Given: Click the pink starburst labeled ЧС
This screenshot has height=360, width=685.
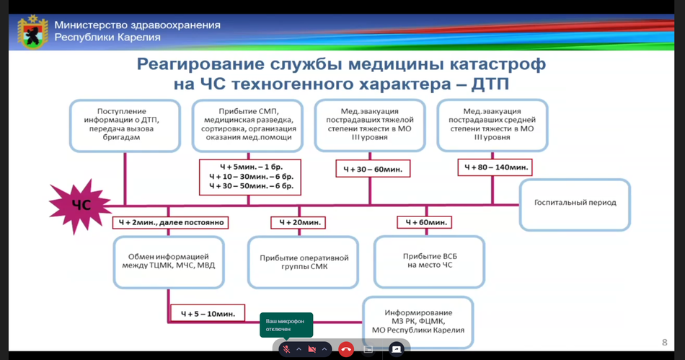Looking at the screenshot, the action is (x=80, y=206).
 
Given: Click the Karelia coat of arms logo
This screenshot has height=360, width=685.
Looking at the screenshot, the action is (x=32, y=32).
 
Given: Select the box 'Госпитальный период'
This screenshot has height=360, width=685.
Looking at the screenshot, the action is (x=575, y=205).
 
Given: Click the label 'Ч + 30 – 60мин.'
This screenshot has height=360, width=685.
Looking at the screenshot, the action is (x=373, y=169).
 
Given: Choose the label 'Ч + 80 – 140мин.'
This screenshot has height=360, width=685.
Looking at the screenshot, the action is (x=495, y=167).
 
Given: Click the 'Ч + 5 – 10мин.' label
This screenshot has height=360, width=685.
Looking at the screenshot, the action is (x=208, y=314).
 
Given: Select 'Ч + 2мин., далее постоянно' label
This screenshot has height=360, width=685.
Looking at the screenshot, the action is (x=170, y=222).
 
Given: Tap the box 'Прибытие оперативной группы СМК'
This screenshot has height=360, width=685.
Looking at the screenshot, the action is (x=303, y=263).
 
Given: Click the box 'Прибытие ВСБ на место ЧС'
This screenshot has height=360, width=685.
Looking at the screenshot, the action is (x=430, y=261).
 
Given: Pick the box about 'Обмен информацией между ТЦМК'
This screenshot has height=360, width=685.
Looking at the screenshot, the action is (x=169, y=262).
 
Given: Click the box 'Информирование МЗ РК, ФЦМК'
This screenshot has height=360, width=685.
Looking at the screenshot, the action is (x=418, y=322).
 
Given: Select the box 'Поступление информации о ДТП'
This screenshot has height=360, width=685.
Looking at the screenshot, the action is (x=125, y=126).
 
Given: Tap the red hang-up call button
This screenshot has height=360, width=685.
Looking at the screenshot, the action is (x=346, y=349).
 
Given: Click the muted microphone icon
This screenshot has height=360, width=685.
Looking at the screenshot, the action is (x=286, y=349).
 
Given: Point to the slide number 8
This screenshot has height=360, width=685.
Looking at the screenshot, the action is (x=665, y=343).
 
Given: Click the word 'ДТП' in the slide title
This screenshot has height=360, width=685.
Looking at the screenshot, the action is (x=490, y=84).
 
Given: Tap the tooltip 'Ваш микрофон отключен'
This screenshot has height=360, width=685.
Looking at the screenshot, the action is (x=286, y=325).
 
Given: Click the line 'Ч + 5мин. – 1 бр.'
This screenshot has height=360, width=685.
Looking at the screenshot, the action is (x=251, y=167).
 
